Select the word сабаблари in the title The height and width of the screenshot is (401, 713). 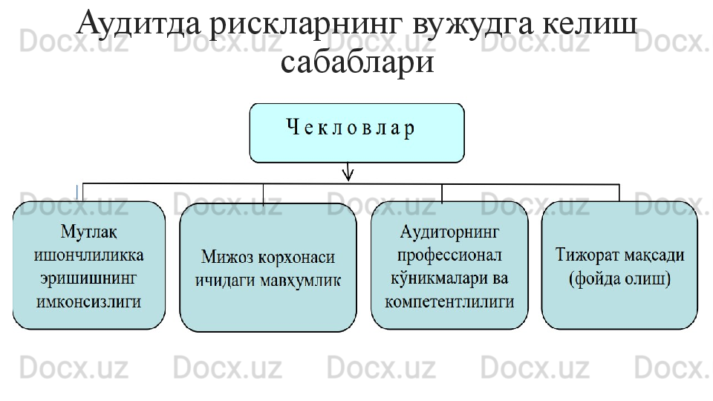[x=357, y=62]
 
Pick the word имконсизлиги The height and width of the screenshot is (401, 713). [x=89, y=301]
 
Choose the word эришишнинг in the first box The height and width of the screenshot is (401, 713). [x=89, y=278]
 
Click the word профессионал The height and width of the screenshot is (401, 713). [x=449, y=255]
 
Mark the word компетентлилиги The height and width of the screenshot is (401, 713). [x=449, y=301]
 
